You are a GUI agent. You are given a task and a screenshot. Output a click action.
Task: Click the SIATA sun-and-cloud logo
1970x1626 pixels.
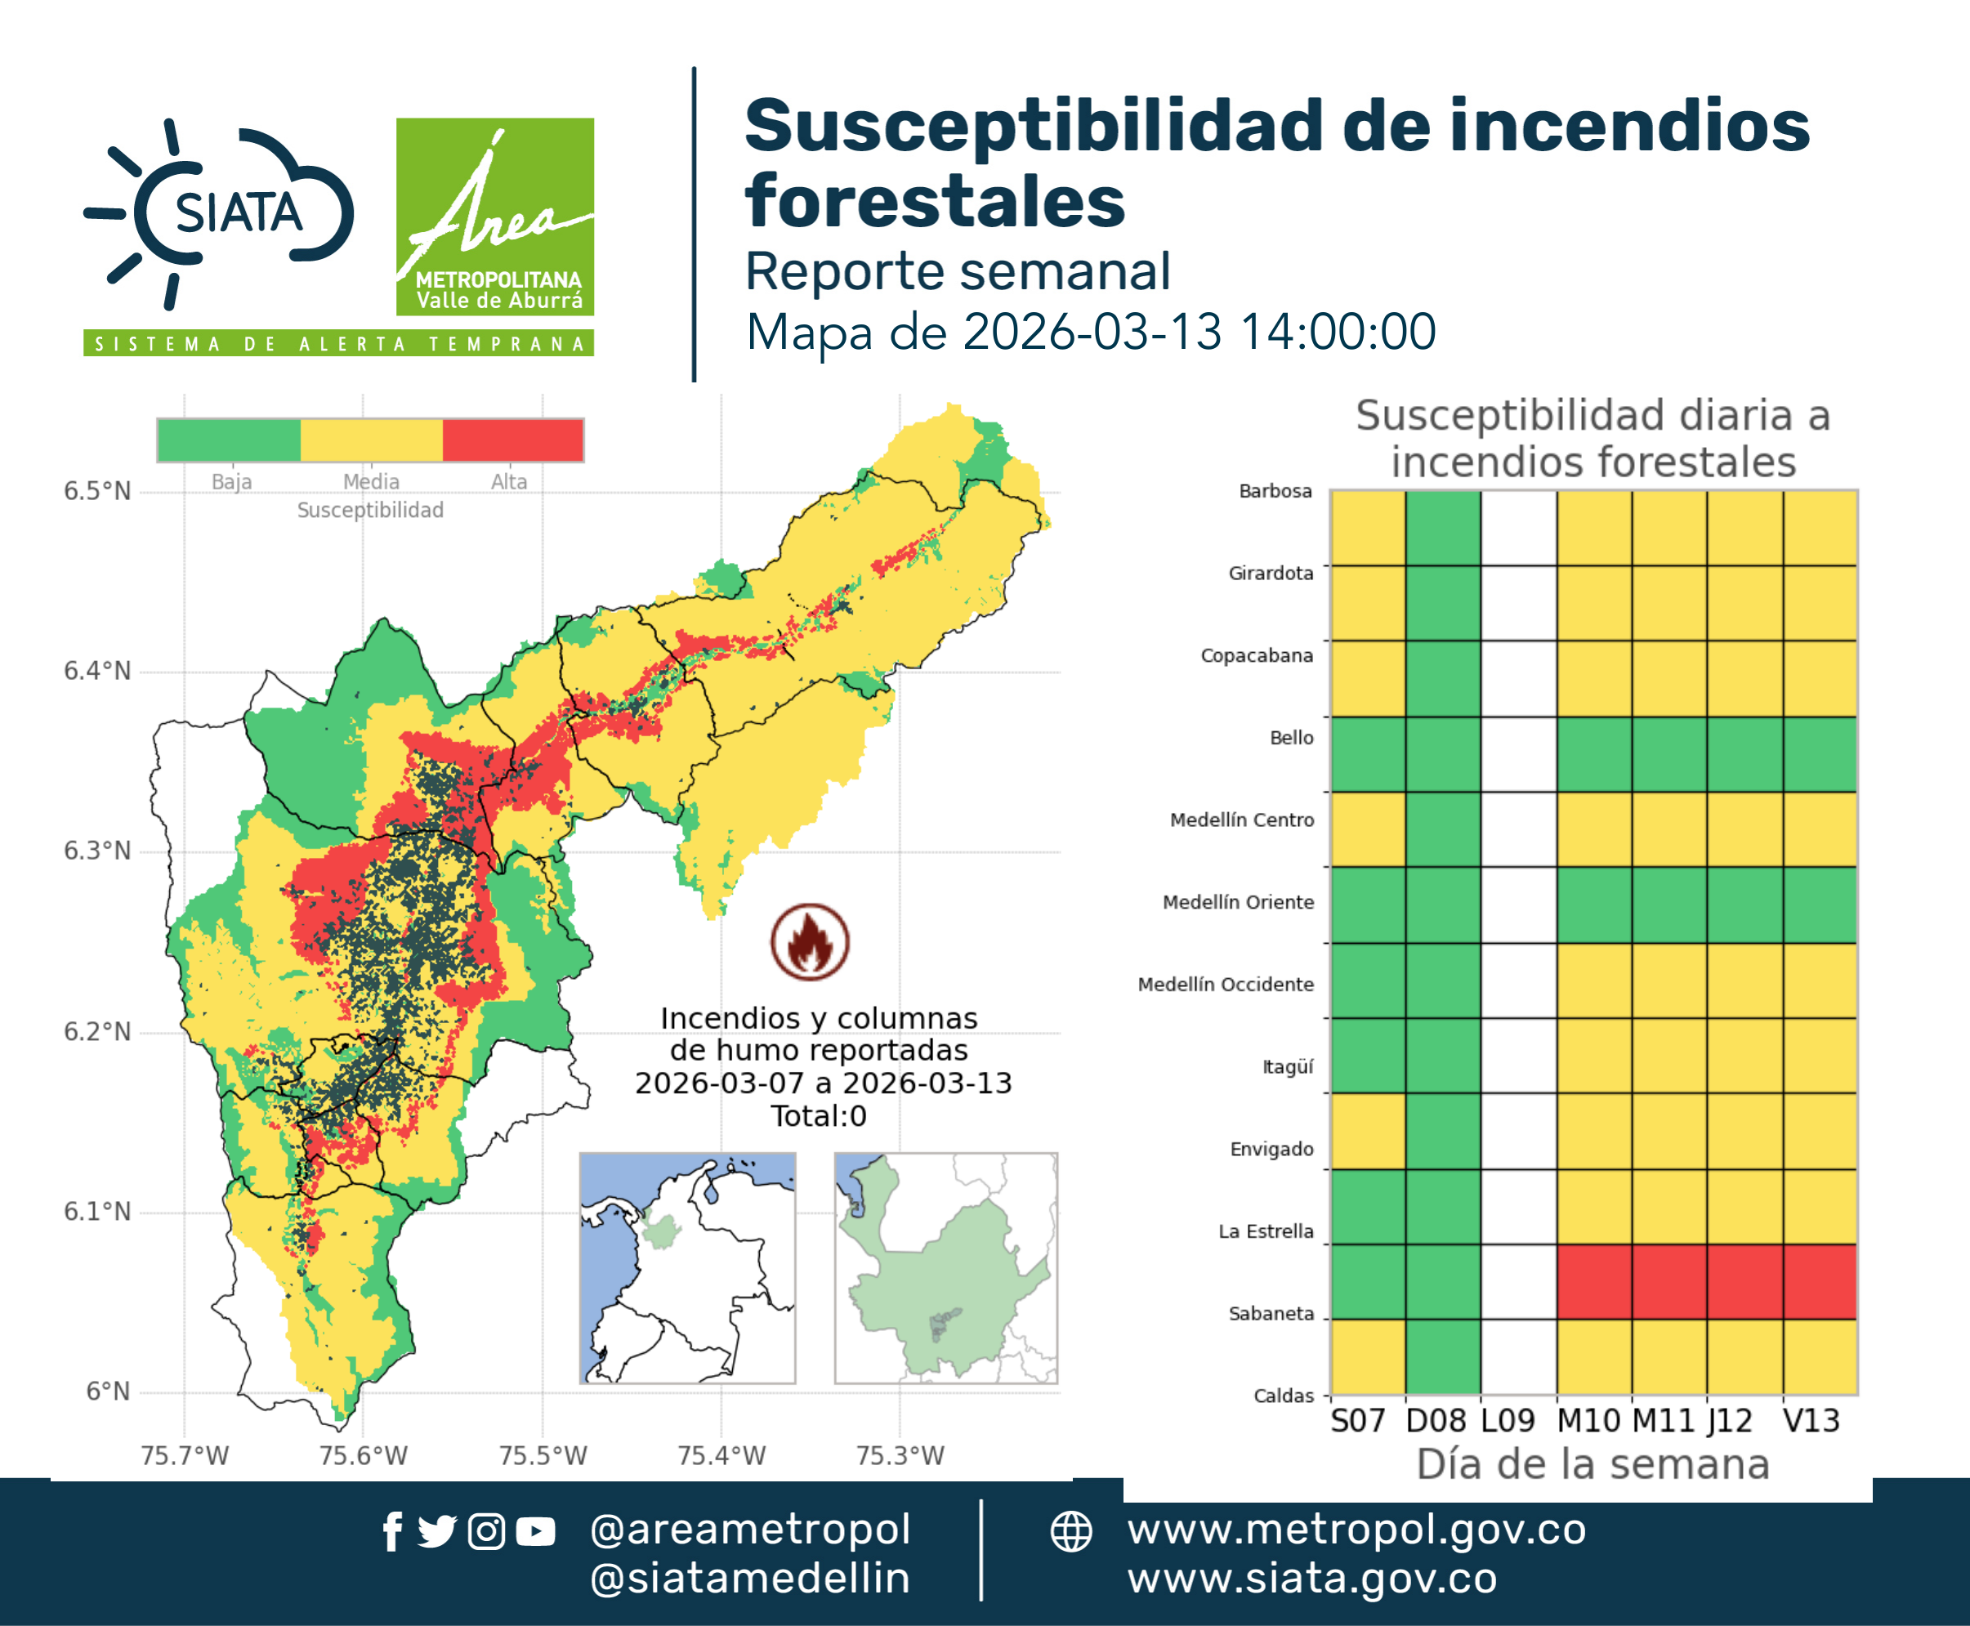click(x=219, y=213)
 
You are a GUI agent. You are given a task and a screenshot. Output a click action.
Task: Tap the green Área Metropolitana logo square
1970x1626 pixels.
click(x=494, y=217)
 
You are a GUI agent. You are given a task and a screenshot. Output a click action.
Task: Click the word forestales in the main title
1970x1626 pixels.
click(x=935, y=200)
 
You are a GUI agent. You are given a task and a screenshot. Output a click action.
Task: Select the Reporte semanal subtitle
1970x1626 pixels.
click(x=958, y=271)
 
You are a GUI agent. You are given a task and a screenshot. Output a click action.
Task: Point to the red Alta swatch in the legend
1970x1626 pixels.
click(x=512, y=440)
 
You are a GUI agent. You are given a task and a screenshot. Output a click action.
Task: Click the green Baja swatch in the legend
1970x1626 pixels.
click(x=230, y=440)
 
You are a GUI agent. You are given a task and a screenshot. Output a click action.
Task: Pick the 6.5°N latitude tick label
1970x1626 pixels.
click(x=97, y=491)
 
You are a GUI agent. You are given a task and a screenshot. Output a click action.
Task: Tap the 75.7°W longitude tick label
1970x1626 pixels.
click(x=185, y=1455)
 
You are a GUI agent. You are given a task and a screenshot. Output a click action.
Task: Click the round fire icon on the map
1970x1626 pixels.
click(x=811, y=941)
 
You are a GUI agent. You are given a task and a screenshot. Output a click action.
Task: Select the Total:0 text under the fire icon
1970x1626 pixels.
click(x=819, y=1115)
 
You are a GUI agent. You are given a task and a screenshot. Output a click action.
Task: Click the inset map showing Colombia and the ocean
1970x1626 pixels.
click(x=687, y=1268)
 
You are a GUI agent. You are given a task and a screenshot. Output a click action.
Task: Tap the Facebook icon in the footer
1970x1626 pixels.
click(x=392, y=1531)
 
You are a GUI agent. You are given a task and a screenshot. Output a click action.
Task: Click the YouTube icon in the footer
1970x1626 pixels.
click(x=535, y=1531)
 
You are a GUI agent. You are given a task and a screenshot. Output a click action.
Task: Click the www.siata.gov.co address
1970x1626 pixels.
click(x=1311, y=1579)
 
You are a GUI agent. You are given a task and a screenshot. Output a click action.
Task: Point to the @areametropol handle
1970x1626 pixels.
click(x=750, y=1530)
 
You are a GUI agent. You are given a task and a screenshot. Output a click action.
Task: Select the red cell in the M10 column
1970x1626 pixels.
click(x=1594, y=1281)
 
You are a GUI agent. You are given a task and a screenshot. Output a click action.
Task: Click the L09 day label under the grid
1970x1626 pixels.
click(x=1508, y=1421)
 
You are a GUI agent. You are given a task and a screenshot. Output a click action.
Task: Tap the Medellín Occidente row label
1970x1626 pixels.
click(x=1226, y=985)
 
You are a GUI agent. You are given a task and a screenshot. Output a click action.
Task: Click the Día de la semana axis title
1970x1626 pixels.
click(x=1593, y=1464)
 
